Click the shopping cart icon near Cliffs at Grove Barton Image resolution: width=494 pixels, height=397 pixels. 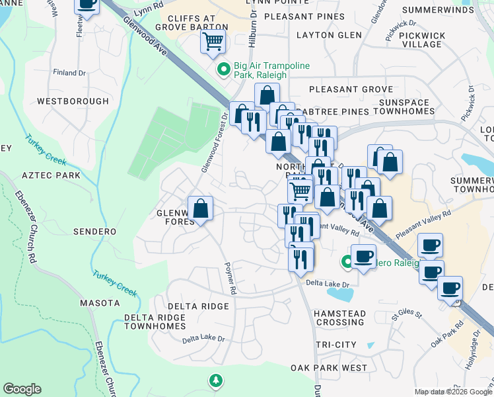click(x=213, y=42)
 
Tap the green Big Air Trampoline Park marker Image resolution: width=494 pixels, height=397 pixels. click(x=223, y=67)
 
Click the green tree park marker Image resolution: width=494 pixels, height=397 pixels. click(x=215, y=380)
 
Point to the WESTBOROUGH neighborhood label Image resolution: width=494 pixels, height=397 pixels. click(x=73, y=101)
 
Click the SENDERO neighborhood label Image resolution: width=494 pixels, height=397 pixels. click(x=95, y=232)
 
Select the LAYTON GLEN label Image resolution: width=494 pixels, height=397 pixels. click(x=329, y=35)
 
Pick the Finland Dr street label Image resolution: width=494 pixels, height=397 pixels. click(x=70, y=73)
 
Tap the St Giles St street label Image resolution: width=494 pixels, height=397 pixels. click(x=406, y=311)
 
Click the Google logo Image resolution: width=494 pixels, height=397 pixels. click(x=22, y=389)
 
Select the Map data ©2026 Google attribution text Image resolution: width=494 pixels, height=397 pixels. click(x=452, y=392)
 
